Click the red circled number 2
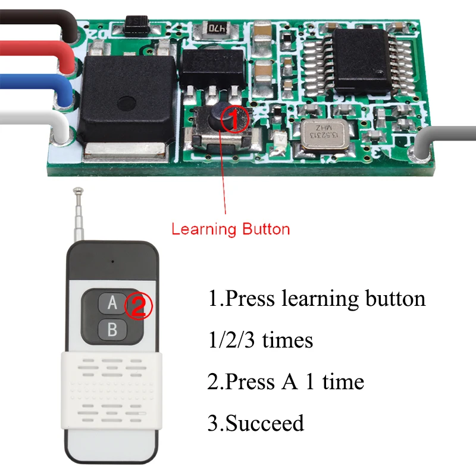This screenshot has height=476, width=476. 138,306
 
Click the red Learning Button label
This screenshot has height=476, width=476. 231,229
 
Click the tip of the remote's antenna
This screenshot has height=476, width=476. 77,192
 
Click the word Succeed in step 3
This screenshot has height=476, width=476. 265,423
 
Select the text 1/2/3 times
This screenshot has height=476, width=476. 260,340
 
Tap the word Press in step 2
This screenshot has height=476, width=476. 247,381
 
